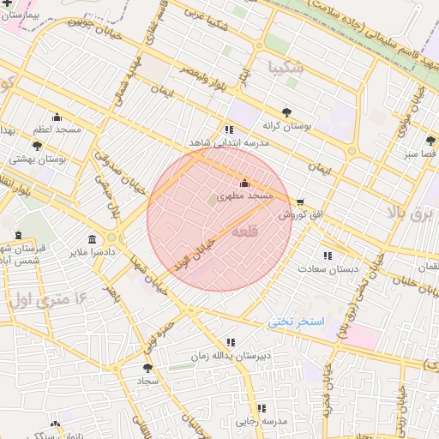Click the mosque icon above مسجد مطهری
tap(245, 183)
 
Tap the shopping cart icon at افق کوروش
tap(298, 202)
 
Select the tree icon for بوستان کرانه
tap(286, 111)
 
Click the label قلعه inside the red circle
tap(245, 231)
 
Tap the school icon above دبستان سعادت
tap(327, 256)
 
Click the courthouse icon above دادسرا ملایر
tap(92, 239)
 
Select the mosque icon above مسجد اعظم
tap(57, 117)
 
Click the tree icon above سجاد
tap(147, 366)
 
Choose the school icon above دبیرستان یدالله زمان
tap(229, 343)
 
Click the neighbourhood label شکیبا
tap(286, 65)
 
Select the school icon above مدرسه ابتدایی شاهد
tap(228, 129)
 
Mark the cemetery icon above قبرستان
tap(19, 235)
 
